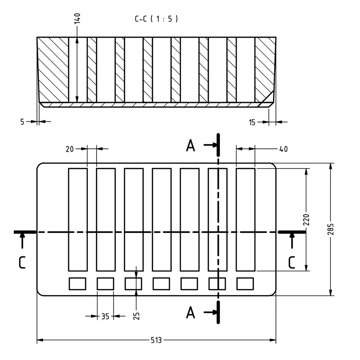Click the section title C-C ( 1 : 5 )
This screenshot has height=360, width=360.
(x=156, y=19)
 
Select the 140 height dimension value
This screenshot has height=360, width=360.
(x=77, y=18)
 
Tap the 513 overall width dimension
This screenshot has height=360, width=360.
(x=156, y=340)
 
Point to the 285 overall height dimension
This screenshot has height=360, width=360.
(x=330, y=229)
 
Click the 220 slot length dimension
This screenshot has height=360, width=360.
(x=306, y=219)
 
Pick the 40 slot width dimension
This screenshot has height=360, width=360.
(x=283, y=149)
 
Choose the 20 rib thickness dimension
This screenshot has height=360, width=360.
(x=70, y=149)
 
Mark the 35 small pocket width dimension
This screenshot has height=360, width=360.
(x=105, y=316)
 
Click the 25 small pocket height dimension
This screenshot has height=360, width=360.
(x=136, y=316)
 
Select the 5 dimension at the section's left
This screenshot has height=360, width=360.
(x=22, y=122)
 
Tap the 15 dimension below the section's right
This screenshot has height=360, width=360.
(x=252, y=122)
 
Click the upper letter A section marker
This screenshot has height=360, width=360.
(x=191, y=146)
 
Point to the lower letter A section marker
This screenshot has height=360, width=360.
(x=191, y=313)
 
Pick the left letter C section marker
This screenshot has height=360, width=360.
(x=22, y=263)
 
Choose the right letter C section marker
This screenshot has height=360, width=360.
(x=291, y=263)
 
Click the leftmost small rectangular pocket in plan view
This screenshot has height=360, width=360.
(x=78, y=284)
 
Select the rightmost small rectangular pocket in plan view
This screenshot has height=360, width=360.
(x=245, y=284)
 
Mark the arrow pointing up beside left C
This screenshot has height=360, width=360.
(x=22, y=240)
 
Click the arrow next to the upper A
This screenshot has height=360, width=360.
(x=210, y=145)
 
